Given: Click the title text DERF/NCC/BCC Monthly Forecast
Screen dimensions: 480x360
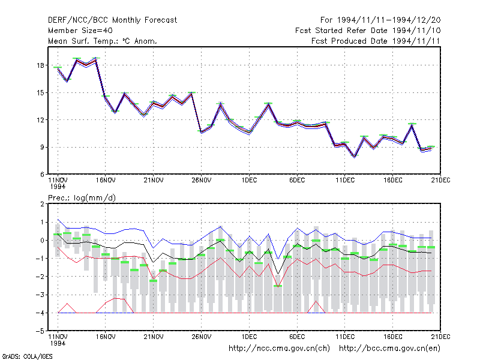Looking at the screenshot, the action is click(x=112, y=20).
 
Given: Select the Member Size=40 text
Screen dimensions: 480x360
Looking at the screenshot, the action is click(x=80, y=31).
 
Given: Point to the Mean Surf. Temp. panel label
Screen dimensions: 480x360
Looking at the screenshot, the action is click(x=103, y=41).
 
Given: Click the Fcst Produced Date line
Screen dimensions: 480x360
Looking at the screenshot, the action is click(x=376, y=41).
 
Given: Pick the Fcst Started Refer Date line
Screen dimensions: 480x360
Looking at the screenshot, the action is click(x=368, y=31).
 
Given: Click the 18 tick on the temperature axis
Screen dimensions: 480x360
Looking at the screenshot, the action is click(x=40, y=65).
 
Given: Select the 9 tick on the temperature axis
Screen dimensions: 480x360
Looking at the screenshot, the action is click(x=42, y=147).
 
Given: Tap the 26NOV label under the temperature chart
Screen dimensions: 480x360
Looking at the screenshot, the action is click(x=202, y=181).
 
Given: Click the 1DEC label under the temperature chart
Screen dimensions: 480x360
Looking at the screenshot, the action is click(x=249, y=181).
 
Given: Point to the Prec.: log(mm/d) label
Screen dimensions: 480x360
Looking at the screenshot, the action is click(x=82, y=198).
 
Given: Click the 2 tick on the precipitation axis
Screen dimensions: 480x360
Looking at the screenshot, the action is click(x=42, y=204).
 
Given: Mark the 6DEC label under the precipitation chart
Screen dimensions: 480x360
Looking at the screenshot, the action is click(x=297, y=337).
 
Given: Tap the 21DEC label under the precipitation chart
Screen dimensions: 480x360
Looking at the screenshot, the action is click(x=440, y=337).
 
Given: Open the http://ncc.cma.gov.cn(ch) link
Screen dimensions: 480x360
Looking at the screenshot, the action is click(x=279, y=349).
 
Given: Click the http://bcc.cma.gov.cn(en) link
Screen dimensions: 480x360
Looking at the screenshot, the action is click(x=389, y=349).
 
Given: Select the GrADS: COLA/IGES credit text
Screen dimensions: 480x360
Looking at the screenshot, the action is click(x=27, y=356).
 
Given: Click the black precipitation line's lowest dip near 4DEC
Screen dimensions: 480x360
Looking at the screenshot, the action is click(x=278, y=274).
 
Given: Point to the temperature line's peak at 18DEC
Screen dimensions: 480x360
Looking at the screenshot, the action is click(x=412, y=125).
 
